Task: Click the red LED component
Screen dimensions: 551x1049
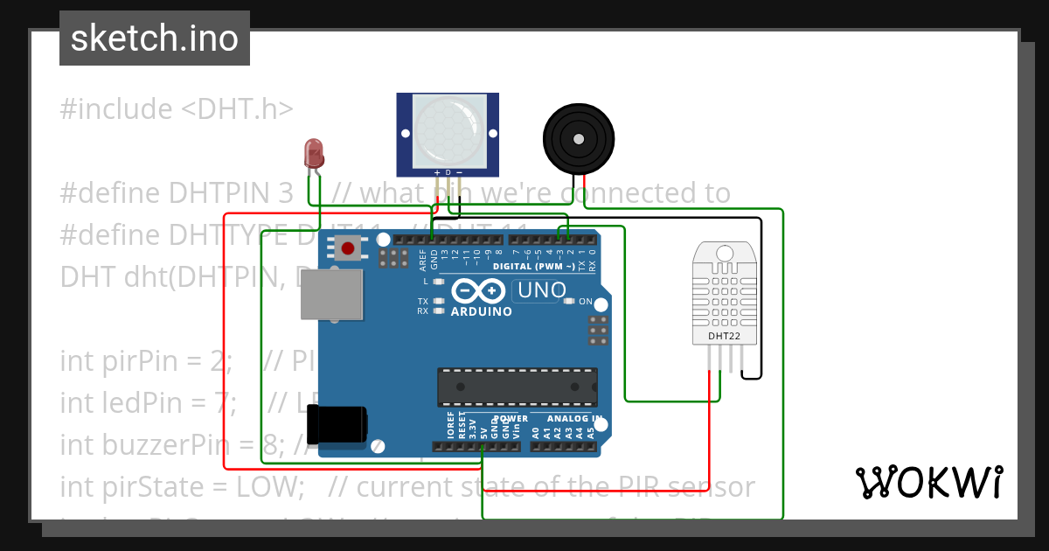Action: (x=313, y=154)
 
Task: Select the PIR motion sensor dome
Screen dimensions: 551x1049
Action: (x=448, y=130)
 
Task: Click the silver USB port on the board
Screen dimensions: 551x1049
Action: (x=331, y=294)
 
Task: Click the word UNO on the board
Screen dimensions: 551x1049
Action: (x=539, y=289)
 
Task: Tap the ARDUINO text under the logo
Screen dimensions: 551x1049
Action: (x=481, y=311)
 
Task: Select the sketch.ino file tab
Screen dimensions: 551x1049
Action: (x=155, y=38)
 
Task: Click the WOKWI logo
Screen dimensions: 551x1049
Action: (x=928, y=482)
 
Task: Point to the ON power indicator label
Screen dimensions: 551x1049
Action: (x=586, y=302)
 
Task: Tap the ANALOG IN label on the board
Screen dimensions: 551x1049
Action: (x=574, y=419)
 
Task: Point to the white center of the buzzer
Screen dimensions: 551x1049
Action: (x=578, y=138)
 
